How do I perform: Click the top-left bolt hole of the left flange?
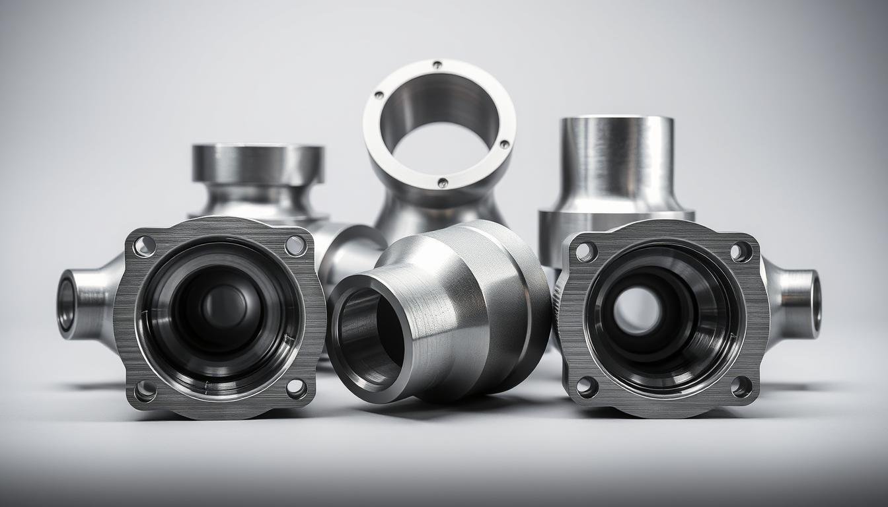(x=144, y=246)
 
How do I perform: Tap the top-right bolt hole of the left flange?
(x=295, y=246)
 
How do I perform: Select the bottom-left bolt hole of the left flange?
(x=145, y=390)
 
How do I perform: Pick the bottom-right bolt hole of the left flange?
(x=296, y=388)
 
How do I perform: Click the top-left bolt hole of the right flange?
(x=585, y=251)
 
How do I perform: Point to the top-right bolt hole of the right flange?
(x=741, y=251)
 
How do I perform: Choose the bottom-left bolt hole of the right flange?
(x=587, y=387)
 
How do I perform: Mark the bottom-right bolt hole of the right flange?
(x=741, y=387)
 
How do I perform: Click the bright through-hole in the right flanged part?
(x=637, y=310)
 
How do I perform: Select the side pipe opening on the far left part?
(x=66, y=304)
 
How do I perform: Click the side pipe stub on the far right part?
(x=799, y=300)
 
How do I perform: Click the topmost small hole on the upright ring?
(x=437, y=65)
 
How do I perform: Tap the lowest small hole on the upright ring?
(x=442, y=183)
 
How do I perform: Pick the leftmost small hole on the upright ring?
(x=379, y=96)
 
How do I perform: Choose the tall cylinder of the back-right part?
(x=616, y=162)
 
